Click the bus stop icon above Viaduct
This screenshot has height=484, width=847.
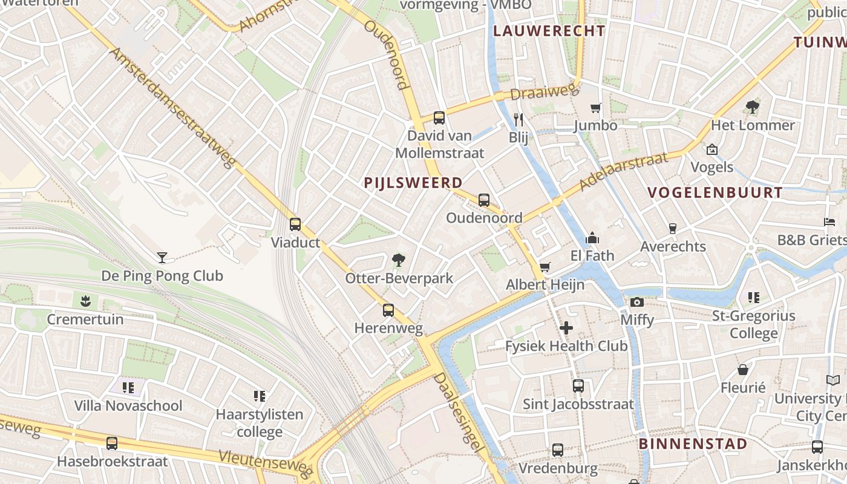tap(295, 224)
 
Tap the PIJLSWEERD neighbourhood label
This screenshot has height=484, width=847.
tap(413, 182)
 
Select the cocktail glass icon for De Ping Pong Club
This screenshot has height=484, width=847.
tap(162, 258)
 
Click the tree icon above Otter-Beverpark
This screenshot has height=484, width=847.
tap(398, 260)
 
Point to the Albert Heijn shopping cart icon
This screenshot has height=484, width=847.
tap(545, 267)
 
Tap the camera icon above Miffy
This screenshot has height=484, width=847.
tap(636, 301)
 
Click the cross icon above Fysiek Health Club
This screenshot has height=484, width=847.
tap(566, 328)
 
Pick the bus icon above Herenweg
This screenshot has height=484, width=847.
tap(388, 310)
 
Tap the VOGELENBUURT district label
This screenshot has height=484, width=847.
tap(715, 193)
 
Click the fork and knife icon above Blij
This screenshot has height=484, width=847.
tap(518, 119)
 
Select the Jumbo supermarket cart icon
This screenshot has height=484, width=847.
tap(596, 108)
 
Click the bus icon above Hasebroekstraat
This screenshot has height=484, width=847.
tap(112, 443)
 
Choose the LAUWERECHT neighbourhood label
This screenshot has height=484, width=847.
tap(549, 31)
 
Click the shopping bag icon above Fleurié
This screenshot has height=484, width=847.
tap(743, 370)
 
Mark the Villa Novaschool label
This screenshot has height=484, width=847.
tap(128, 405)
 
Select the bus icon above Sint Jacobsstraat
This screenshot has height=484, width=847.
tap(578, 385)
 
